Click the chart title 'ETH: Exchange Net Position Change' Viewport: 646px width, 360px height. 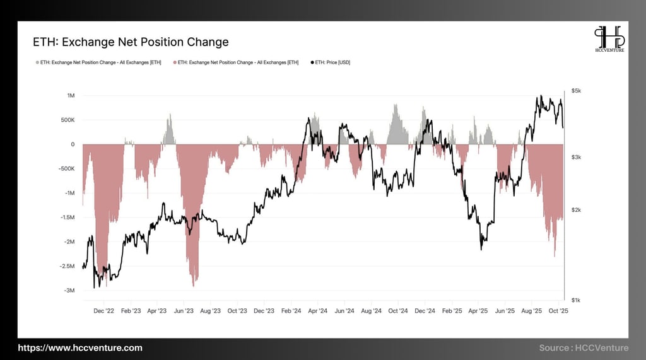point(131,42)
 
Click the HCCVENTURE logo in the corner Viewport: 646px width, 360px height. point(609,39)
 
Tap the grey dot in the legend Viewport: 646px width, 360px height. point(37,62)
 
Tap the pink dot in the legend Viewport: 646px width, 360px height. point(175,62)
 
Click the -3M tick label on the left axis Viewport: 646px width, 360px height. point(69,291)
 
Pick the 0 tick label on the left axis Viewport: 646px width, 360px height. point(73,144)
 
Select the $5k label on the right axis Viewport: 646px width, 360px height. point(577,91)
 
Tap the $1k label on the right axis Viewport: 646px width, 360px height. point(577,300)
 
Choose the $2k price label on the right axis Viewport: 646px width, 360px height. point(577,210)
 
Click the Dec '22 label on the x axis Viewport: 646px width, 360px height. point(103,311)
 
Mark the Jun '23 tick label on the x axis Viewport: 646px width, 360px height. point(184,311)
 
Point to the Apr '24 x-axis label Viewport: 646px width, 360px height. point(318,311)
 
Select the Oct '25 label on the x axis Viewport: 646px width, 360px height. point(560,311)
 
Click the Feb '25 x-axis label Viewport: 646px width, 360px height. point(452,311)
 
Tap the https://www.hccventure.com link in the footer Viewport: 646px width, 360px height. point(80,348)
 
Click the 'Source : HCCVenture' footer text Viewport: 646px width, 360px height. point(584,348)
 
